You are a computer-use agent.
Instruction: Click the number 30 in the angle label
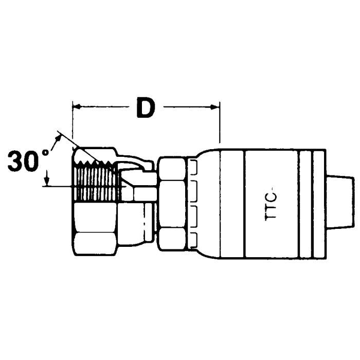(24, 161)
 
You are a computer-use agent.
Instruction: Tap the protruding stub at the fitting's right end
(339, 201)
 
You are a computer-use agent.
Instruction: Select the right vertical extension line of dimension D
(220, 123)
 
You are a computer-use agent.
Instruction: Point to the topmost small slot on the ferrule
(194, 166)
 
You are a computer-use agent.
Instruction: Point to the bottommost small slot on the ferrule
(194, 236)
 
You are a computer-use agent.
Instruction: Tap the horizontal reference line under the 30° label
(59, 187)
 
